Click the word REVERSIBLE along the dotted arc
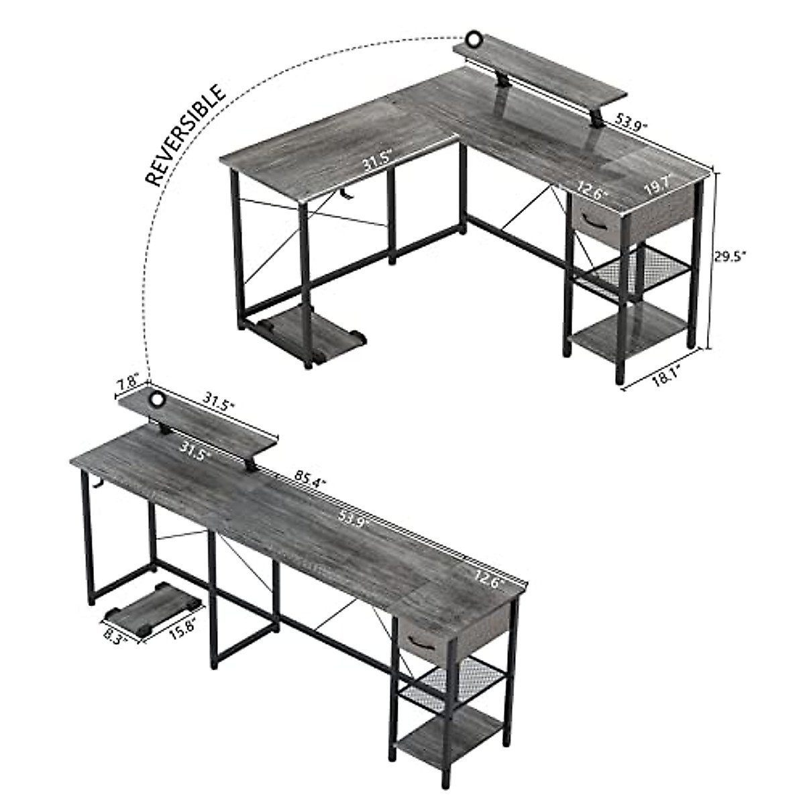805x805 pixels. click(x=186, y=135)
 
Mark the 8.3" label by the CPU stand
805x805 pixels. click(x=115, y=633)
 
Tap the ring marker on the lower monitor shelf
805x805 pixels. click(x=157, y=400)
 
